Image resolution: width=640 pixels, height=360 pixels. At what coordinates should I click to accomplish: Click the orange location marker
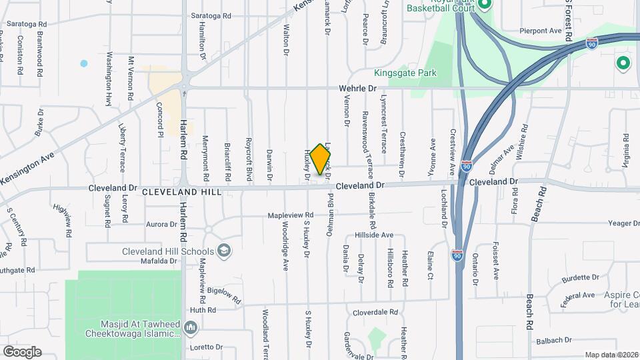click(321, 159)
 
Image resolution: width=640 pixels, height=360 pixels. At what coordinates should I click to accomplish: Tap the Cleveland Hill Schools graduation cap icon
click(225, 251)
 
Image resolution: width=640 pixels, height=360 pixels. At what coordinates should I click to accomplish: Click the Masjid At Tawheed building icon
click(191, 327)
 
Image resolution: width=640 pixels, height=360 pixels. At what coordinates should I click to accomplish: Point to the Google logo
click(21, 351)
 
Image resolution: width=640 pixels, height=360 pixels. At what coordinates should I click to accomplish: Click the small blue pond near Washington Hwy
click(84, 64)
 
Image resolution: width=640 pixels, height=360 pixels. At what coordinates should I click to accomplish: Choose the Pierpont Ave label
click(541, 31)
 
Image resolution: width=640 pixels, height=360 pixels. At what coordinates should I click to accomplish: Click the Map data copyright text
click(611, 355)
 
